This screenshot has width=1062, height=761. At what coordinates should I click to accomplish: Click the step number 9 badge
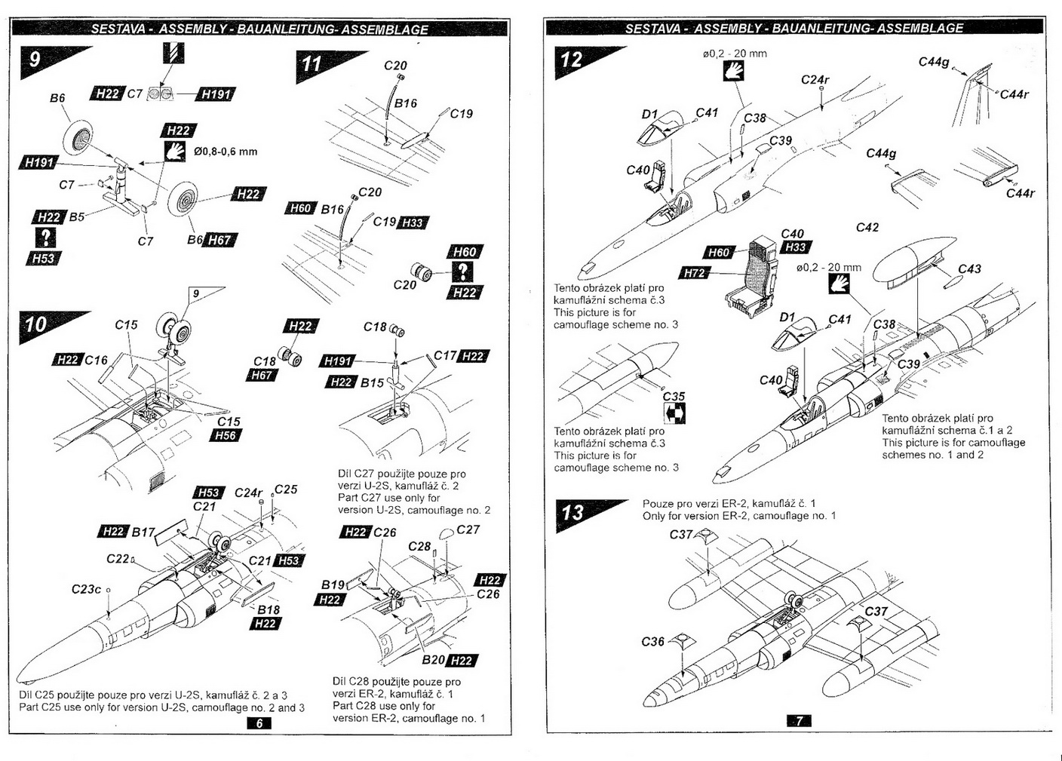point(35,59)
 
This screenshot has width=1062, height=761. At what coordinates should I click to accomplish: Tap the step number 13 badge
point(572,513)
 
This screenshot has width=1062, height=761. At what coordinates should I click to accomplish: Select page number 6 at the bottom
point(259,723)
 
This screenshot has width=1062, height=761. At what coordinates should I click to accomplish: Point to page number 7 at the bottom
point(799,720)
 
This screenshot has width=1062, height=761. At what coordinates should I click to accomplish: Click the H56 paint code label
point(225,435)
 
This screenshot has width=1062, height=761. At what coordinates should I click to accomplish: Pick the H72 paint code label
point(695,273)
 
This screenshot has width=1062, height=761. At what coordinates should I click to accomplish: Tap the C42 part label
point(867,227)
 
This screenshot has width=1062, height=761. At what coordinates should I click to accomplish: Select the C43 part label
point(969,268)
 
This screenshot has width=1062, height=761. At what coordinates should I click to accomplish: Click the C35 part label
point(674,396)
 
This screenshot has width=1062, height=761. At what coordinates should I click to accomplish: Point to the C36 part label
point(653,641)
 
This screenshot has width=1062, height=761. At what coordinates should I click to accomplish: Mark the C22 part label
point(118,559)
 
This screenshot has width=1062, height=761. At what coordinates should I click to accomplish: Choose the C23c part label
point(86,589)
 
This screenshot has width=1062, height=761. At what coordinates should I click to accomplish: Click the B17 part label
point(143,532)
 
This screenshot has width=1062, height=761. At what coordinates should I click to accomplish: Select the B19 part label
point(333,585)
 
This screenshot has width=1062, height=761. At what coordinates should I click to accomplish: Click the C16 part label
point(96,361)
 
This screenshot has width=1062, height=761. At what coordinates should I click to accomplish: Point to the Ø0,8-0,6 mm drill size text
point(226,152)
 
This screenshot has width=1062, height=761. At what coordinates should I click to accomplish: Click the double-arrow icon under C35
point(674,413)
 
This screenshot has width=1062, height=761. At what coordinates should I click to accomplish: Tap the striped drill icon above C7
point(173,53)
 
